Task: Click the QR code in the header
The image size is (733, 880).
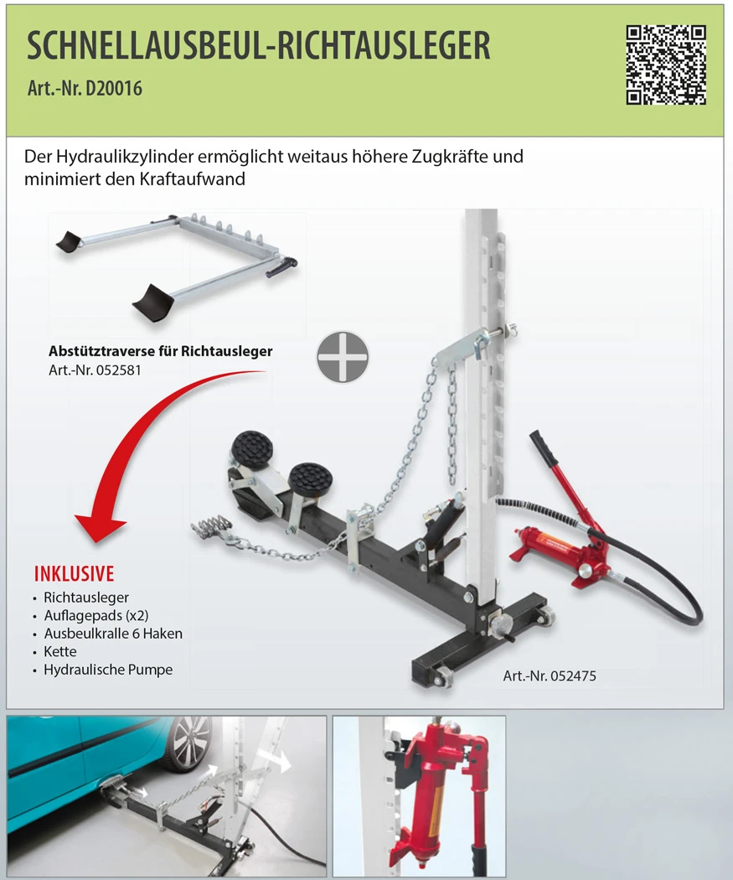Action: tap(666, 65)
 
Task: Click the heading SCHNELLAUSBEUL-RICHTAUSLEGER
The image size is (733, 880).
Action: tap(259, 45)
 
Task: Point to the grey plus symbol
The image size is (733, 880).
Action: tap(343, 357)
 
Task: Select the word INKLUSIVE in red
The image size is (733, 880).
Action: tap(74, 573)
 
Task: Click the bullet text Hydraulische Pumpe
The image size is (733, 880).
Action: tap(108, 670)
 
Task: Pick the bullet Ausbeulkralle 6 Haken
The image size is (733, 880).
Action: tap(113, 634)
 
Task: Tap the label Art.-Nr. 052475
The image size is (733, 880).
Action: tap(549, 676)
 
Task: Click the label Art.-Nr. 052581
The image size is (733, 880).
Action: tap(95, 370)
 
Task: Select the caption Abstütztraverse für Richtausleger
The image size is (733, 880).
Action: tap(160, 351)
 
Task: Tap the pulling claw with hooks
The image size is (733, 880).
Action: tap(212, 528)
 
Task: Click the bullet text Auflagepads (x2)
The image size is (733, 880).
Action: tap(95, 616)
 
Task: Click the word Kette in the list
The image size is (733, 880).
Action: tap(60, 651)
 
